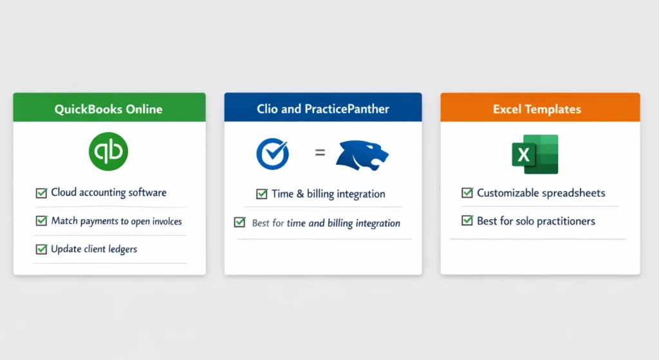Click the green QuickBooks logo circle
pos(108,151)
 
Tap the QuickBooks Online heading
pos(108,109)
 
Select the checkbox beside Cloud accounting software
pos(41,193)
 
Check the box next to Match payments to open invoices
pos(41,221)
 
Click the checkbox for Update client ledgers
pos(41,249)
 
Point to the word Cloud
pos(65,193)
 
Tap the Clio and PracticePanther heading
pos(322,109)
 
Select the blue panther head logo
pos(363,154)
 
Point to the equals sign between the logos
pos(319,153)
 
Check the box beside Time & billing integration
pos(261,194)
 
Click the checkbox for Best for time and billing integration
pos(239,223)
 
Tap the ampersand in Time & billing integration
pos(299,194)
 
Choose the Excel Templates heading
pos(537,109)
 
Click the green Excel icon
pos(535,154)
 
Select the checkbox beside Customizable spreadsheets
pos(467,193)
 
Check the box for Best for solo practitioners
pos(467,221)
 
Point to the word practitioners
pos(563,221)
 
